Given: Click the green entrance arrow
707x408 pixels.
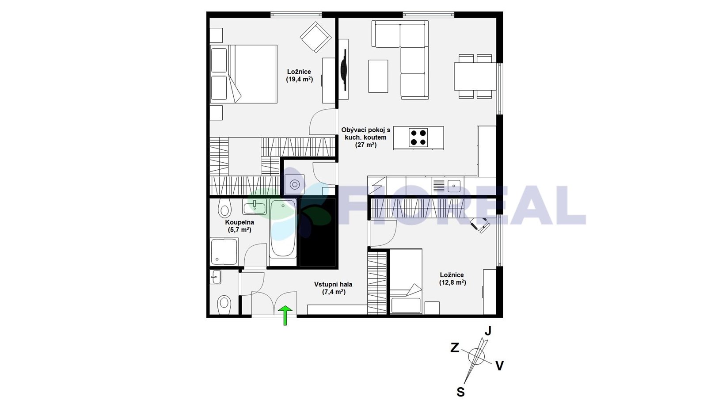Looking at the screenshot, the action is tap(285, 315).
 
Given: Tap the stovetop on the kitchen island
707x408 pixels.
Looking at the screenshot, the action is tap(418, 137).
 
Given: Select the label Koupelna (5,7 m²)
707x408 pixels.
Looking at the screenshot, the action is tap(239, 226).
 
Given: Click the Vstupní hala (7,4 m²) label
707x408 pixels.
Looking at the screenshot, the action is tap(333, 288).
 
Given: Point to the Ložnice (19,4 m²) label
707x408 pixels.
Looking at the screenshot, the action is tap(299, 76).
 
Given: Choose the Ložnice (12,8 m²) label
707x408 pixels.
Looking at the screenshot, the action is tap(452, 279).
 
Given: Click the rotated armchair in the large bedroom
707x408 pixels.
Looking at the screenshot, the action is tap(315, 37).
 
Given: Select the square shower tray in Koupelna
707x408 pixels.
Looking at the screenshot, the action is tap(224, 252).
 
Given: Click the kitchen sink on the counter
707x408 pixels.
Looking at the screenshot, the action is tap(454, 186).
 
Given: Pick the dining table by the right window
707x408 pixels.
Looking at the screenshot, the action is tap(475, 76).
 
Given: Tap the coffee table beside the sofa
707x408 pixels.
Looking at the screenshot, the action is tap(378, 76).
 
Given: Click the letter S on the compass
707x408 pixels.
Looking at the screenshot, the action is tap(461, 392).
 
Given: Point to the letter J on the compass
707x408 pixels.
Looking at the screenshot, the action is tap(488, 331).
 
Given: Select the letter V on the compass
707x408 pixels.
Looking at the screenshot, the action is tap(499, 366).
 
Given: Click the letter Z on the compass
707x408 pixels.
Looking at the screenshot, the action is tap(455, 348).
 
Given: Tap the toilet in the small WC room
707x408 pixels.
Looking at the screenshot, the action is tap(224, 304).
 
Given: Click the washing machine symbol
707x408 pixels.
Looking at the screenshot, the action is tap(294, 184).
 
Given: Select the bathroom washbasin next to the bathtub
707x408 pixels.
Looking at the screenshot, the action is tap(255, 206).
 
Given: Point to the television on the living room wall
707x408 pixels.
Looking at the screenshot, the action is tap(343, 69).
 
